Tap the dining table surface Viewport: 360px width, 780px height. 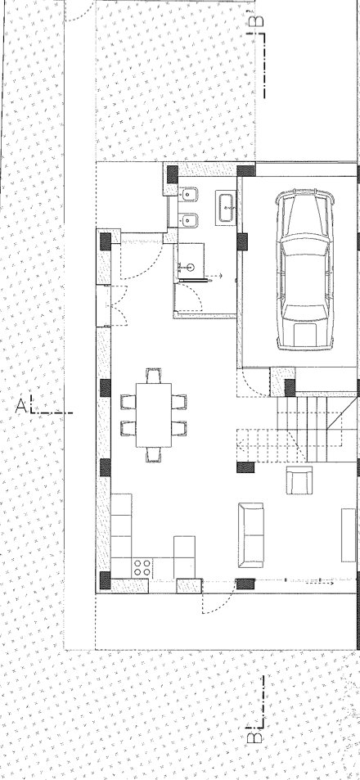click(x=153, y=416)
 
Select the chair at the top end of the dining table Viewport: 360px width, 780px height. click(x=153, y=376)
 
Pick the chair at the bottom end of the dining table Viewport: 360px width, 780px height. click(x=153, y=455)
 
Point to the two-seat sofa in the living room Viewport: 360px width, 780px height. click(x=250, y=535)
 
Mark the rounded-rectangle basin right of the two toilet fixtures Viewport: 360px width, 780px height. click(x=226, y=208)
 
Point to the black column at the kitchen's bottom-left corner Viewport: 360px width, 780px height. click(x=105, y=581)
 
